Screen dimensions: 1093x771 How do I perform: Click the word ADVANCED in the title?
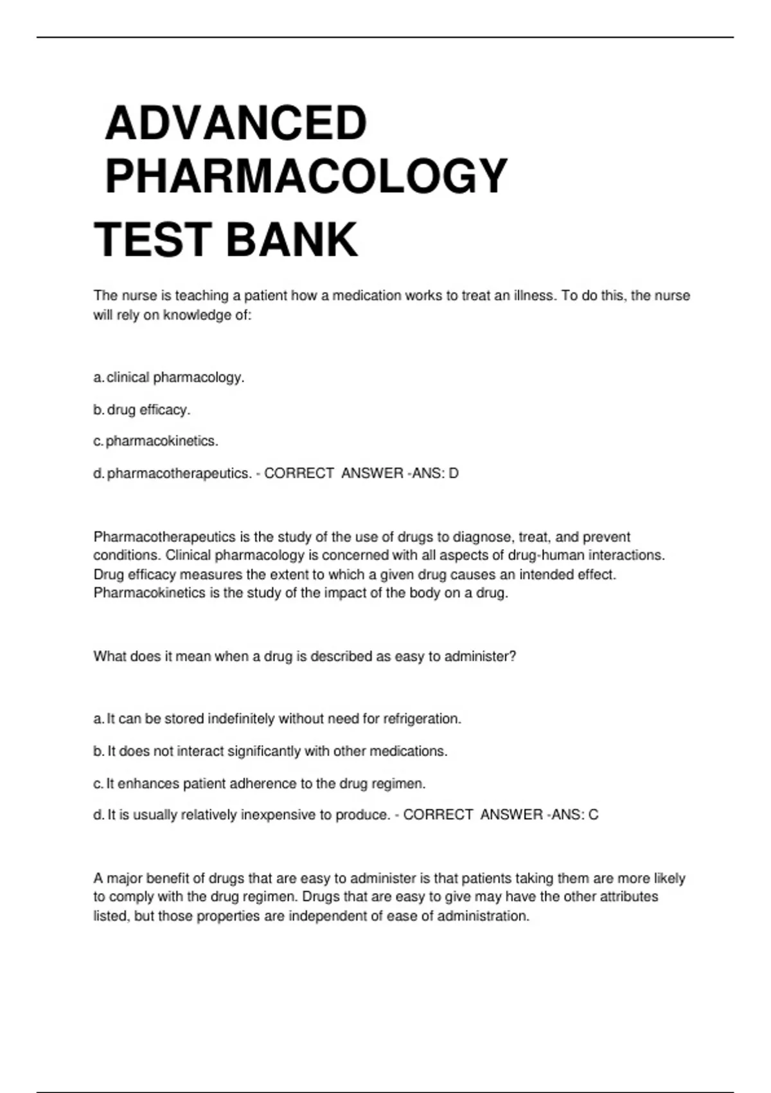(236, 123)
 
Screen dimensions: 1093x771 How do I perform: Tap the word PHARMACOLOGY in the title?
(306, 176)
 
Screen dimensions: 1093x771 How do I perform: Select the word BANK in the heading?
(292, 240)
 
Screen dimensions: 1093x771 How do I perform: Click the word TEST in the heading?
(153, 240)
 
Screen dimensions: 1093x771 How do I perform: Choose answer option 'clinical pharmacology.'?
(175, 377)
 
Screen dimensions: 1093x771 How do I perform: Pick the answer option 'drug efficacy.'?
(148, 410)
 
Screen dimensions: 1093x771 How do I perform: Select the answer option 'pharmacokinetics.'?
(162, 441)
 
